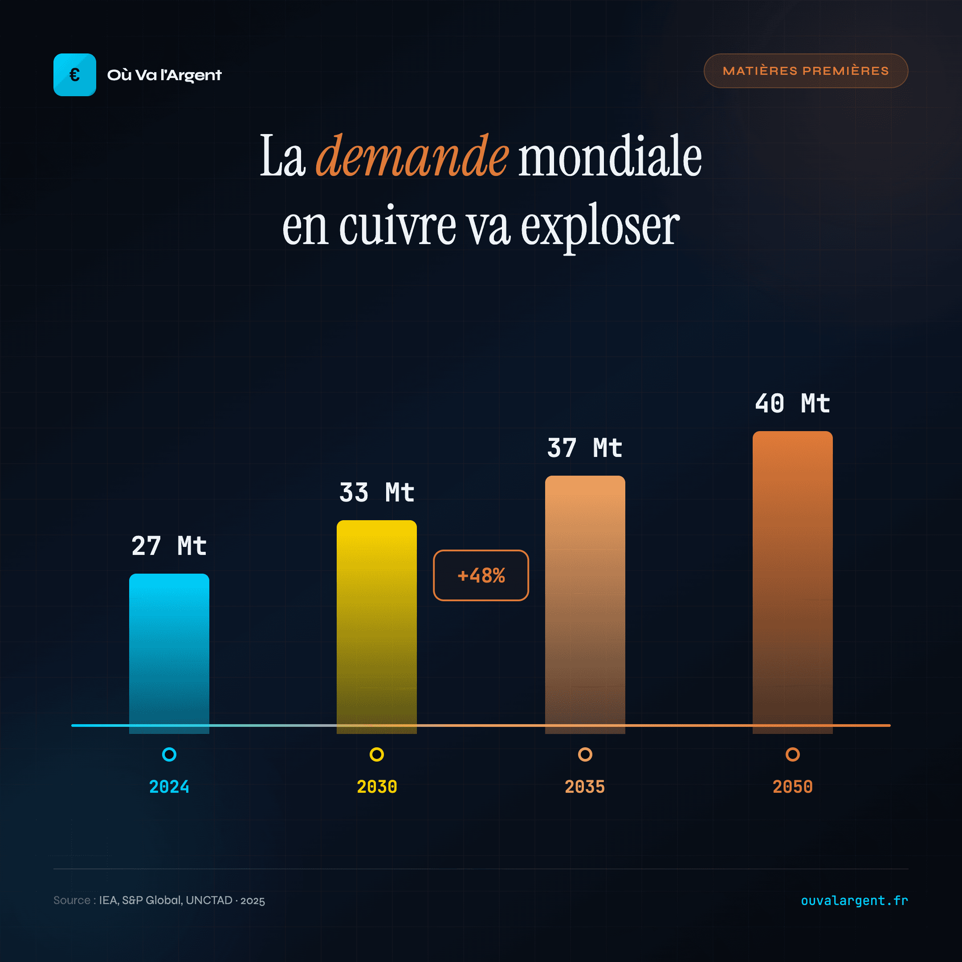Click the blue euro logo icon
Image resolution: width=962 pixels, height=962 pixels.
click(75, 75)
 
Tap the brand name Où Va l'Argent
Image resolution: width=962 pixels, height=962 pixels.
click(164, 75)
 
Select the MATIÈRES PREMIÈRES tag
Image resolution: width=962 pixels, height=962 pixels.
click(805, 71)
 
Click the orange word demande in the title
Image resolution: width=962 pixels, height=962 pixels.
click(412, 156)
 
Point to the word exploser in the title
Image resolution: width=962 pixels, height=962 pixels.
click(599, 227)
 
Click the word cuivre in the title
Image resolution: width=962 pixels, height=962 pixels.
click(397, 227)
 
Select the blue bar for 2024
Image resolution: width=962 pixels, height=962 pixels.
click(169, 652)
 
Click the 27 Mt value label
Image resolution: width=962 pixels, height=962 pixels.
click(169, 546)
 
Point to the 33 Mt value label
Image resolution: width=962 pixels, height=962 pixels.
click(376, 493)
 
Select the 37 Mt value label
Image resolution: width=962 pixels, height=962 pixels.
click(585, 448)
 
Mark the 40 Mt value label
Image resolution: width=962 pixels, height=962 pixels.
click(792, 404)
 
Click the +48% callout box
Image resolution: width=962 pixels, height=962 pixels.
click(481, 575)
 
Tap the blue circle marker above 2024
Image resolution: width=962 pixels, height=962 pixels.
click(169, 754)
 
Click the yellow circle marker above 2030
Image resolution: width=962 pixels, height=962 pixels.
click(376, 754)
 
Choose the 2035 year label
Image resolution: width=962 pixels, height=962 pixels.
click(585, 787)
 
